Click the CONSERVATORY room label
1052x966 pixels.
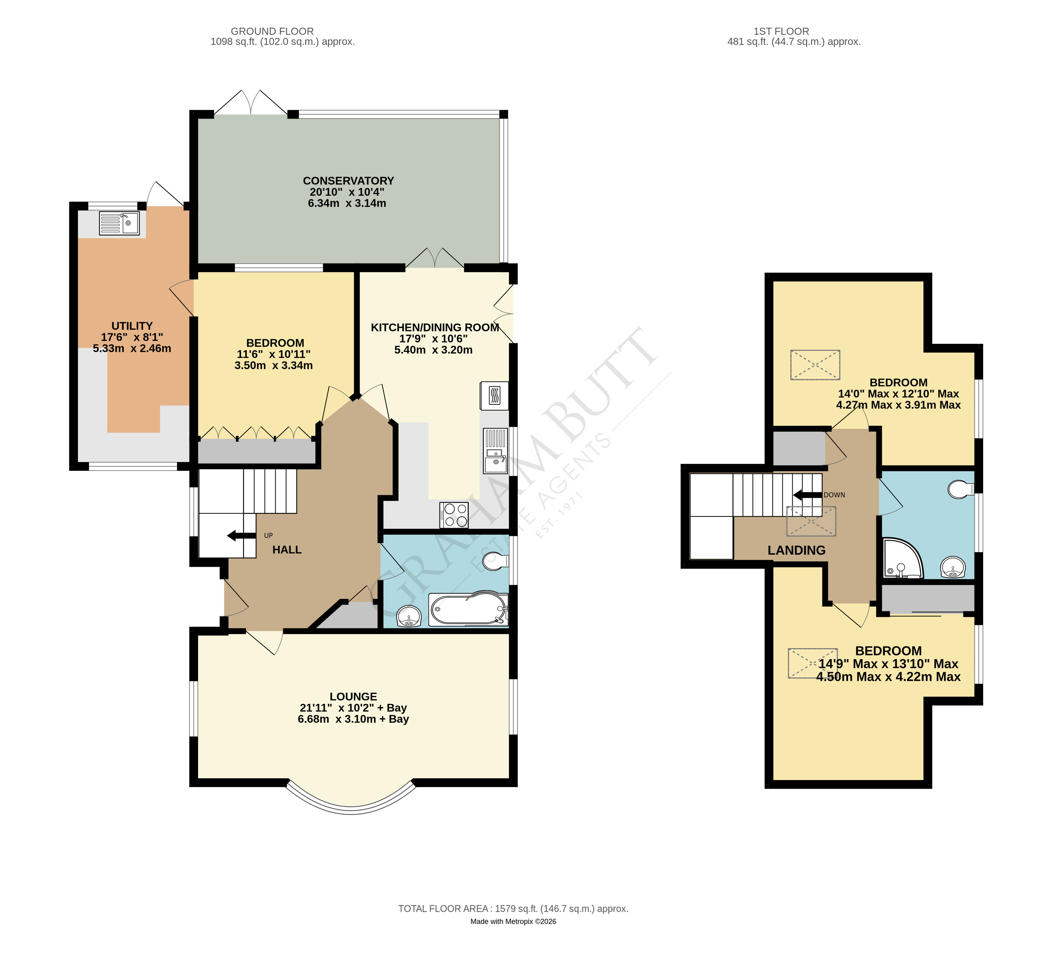pyautogui.click(x=348, y=181)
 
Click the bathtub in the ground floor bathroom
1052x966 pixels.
pyautogui.click(x=468, y=609)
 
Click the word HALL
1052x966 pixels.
pyautogui.click(x=287, y=550)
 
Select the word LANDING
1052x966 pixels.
pyautogui.click(x=796, y=550)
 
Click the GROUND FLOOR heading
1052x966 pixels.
pyautogui.click(x=272, y=31)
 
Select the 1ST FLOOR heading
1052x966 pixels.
pyautogui.click(x=781, y=31)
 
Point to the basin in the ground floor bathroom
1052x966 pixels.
pyautogui.click(x=409, y=617)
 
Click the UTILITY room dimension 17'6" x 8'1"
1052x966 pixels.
pyautogui.click(x=132, y=337)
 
